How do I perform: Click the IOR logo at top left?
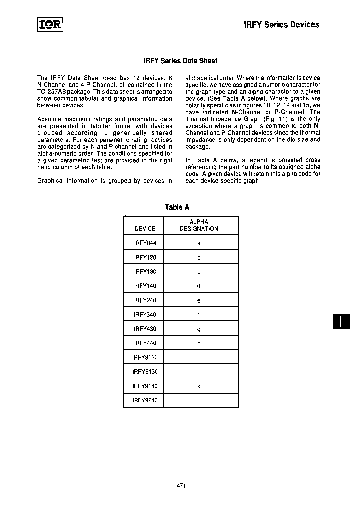(50, 24)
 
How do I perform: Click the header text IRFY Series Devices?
(281, 24)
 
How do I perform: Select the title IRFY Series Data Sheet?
(180, 61)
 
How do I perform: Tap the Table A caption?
(177, 207)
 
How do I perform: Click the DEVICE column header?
(145, 229)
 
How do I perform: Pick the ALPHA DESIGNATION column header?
(199, 225)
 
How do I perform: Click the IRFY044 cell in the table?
(145, 243)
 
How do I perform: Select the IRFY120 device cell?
(145, 258)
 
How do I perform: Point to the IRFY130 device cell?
(145, 272)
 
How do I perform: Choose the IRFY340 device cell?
(145, 315)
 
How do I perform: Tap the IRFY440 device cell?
(145, 343)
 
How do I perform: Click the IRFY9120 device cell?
(145, 357)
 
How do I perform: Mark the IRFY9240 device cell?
(145, 400)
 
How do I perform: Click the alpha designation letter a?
(199, 243)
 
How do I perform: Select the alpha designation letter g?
(199, 329)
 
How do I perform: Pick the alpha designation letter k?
(199, 386)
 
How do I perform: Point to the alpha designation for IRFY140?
(199, 286)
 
